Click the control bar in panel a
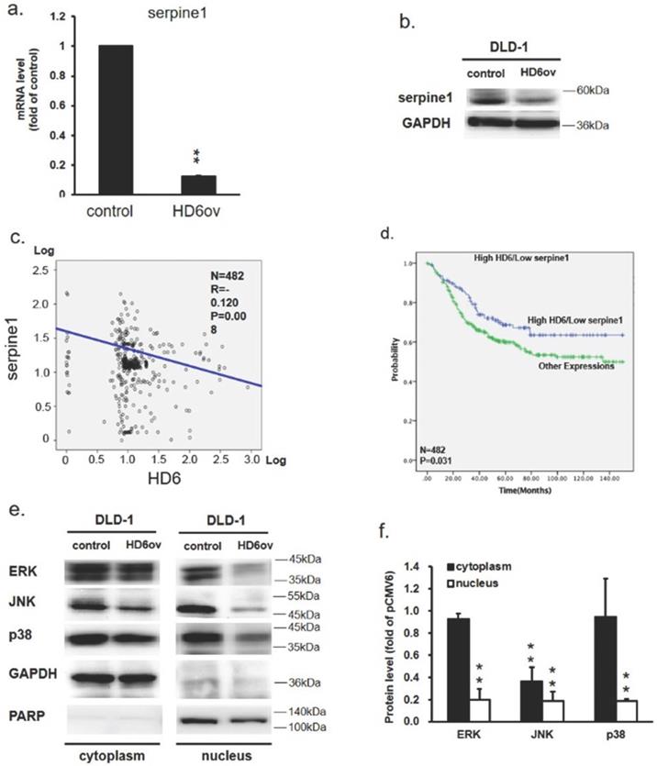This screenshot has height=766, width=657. [x=116, y=119]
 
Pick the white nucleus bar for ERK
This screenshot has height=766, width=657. [x=475, y=709]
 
